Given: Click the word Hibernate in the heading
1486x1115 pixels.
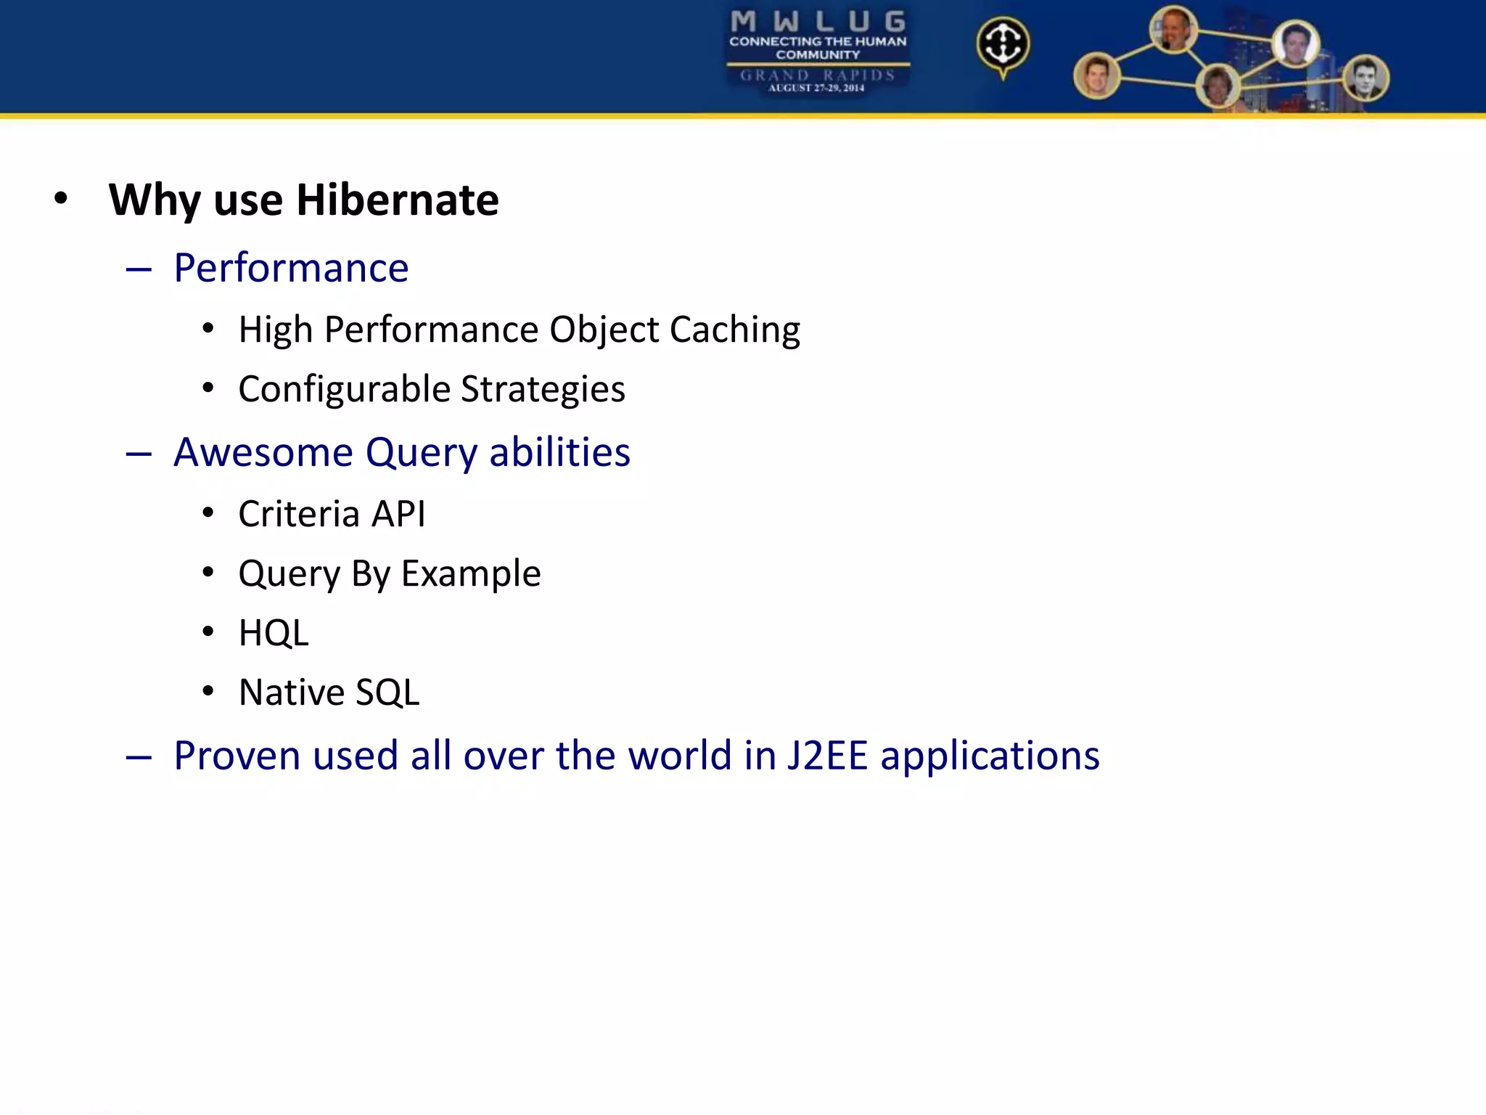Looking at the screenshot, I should (x=397, y=200).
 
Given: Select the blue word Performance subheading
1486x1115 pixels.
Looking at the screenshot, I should (x=291, y=268).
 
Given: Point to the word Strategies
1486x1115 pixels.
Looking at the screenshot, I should (x=543, y=389).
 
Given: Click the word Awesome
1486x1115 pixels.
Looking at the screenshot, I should (x=263, y=452).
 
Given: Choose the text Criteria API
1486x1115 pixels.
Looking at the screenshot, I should (x=332, y=514).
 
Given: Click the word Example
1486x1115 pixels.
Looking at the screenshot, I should (x=471, y=573).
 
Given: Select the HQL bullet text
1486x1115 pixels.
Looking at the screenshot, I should (x=274, y=633).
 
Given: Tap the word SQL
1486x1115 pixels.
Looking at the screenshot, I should (x=387, y=693).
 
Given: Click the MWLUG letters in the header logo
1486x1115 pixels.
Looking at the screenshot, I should (x=818, y=21).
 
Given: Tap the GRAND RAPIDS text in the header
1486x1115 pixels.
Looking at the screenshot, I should (x=817, y=75).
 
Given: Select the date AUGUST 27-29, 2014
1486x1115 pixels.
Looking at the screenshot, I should (x=816, y=88).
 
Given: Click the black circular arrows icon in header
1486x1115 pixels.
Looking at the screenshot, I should (x=1003, y=44).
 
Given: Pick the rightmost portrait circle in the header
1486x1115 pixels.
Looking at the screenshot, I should (x=1366, y=78).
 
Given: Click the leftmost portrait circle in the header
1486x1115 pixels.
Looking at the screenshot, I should (x=1096, y=75).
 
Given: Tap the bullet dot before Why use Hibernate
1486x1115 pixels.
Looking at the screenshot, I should (x=61, y=199).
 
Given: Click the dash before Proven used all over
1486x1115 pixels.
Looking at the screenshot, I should (x=139, y=757).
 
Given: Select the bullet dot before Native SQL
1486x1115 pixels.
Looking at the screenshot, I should (x=208, y=692).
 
